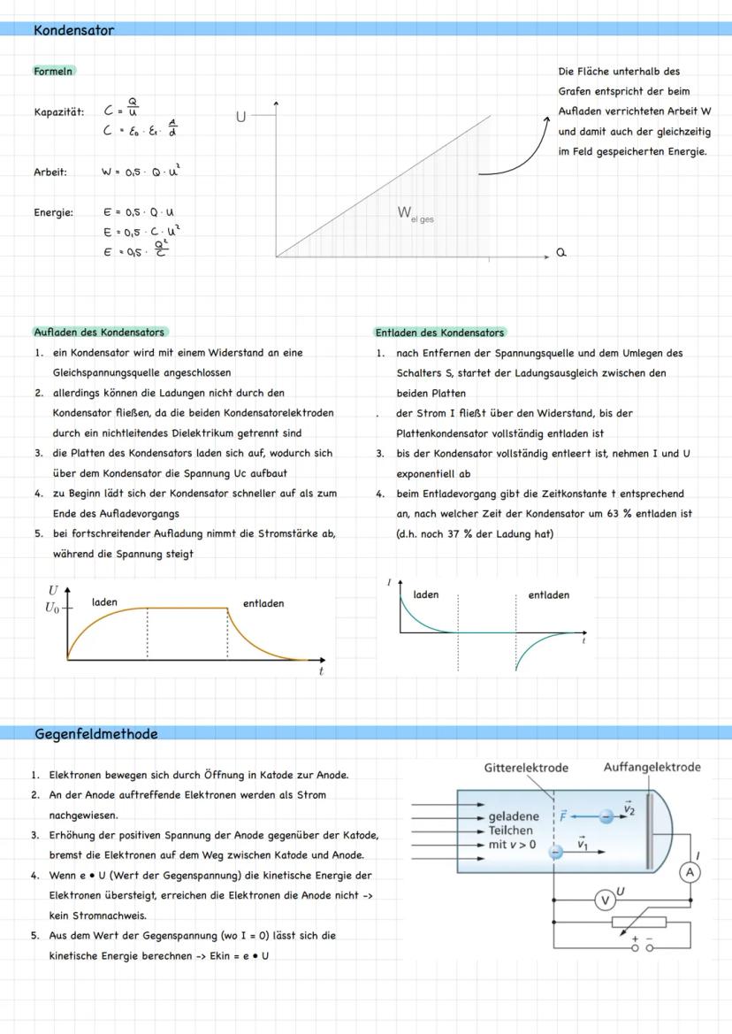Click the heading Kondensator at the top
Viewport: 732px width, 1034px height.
74,30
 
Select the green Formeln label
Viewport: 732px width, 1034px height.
54,71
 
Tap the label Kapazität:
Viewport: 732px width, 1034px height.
59,112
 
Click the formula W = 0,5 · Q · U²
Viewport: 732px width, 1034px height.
142,172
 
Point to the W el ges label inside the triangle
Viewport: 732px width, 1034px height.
415,213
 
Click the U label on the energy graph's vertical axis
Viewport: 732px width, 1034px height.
240,117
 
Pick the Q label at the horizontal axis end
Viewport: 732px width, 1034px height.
560,253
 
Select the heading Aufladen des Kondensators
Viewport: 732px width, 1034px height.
99,333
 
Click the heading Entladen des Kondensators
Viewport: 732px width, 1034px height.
439,333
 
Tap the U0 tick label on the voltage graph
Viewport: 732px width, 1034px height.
53,609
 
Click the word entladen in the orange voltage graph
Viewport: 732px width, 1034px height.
263,603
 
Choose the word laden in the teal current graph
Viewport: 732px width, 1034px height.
426,594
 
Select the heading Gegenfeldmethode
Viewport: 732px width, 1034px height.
96,734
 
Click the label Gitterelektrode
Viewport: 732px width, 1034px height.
526,768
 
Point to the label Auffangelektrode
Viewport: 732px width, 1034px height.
652,767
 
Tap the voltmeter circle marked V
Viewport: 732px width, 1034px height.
605,900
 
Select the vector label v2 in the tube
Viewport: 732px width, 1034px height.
629,808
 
